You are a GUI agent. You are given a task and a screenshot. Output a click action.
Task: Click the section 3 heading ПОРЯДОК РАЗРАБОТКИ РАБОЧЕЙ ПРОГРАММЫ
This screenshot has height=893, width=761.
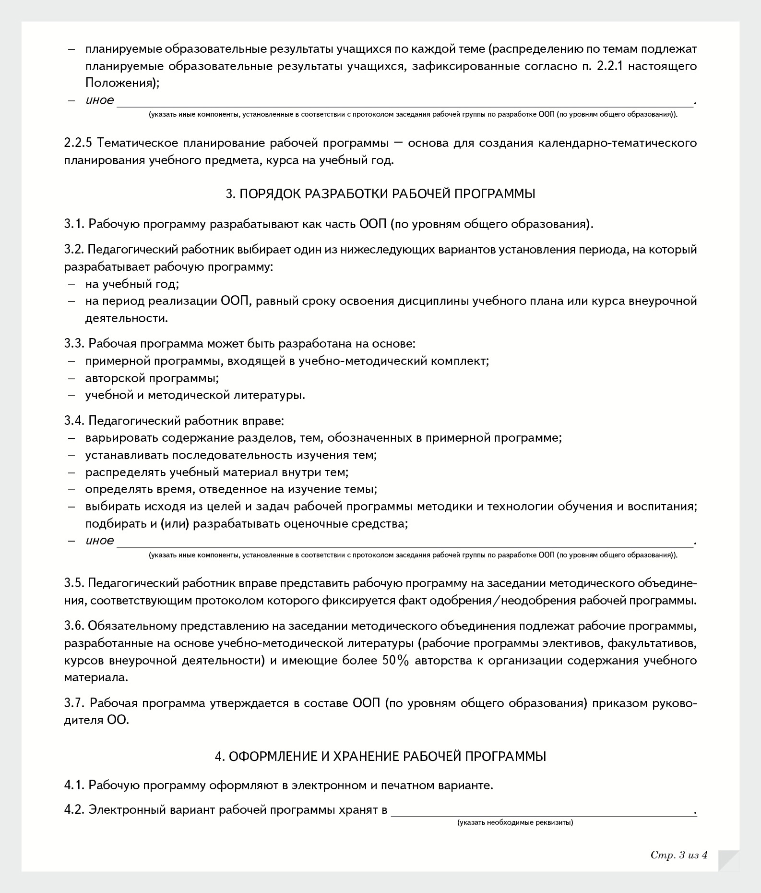pyautogui.click(x=380, y=194)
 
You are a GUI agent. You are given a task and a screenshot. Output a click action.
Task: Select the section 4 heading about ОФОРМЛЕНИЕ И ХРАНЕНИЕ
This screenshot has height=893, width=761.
pyautogui.click(x=380, y=757)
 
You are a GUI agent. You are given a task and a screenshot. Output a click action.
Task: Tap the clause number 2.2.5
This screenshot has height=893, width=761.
pyautogui.click(x=78, y=143)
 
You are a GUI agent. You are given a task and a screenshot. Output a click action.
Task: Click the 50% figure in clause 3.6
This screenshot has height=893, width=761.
pyautogui.click(x=395, y=661)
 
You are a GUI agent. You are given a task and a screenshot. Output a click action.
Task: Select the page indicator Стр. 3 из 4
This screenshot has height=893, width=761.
pyautogui.click(x=679, y=855)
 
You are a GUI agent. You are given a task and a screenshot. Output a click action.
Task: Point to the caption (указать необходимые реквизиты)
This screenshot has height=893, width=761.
pyautogui.click(x=515, y=822)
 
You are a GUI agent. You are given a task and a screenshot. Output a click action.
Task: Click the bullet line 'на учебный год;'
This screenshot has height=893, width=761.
pyautogui.click(x=132, y=284)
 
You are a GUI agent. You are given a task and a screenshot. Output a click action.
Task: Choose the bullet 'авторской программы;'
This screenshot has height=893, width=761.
pyautogui.click(x=152, y=378)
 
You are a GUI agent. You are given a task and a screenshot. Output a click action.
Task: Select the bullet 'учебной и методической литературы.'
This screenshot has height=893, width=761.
pyautogui.click(x=195, y=396)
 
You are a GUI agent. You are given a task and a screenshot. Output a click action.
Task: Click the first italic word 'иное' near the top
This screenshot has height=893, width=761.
pyautogui.click(x=100, y=100)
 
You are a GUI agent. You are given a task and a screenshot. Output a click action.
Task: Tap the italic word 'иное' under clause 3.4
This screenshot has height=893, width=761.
pyautogui.click(x=100, y=541)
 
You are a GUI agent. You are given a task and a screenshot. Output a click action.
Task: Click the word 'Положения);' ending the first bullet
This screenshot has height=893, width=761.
pyautogui.click(x=122, y=83)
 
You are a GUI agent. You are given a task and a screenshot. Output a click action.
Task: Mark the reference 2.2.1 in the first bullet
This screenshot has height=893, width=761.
pyautogui.click(x=609, y=66)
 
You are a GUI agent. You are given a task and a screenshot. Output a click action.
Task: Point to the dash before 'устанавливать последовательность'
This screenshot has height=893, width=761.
pyautogui.click(x=71, y=455)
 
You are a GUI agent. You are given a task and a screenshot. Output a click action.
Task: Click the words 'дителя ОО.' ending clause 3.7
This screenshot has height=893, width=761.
pyautogui.click(x=96, y=721)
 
